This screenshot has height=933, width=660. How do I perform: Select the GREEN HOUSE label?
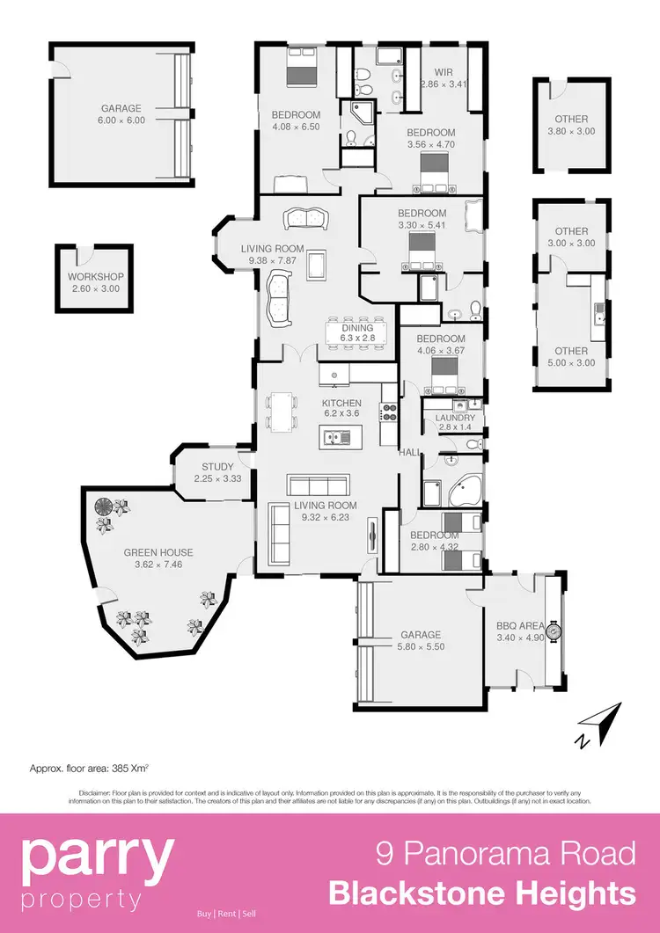(x=158, y=552)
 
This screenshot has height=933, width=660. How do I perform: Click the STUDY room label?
(x=216, y=467)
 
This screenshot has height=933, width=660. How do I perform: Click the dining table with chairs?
(x=357, y=331)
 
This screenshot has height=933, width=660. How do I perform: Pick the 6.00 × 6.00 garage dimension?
(x=123, y=120)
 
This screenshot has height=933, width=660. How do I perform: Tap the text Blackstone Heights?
(x=481, y=894)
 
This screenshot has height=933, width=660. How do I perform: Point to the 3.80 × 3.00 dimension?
(x=571, y=131)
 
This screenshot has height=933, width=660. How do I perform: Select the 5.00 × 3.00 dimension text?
(x=571, y=362)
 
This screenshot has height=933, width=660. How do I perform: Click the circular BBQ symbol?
(x=553, y=630)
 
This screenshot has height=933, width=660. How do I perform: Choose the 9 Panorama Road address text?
(x=505, y=854)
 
